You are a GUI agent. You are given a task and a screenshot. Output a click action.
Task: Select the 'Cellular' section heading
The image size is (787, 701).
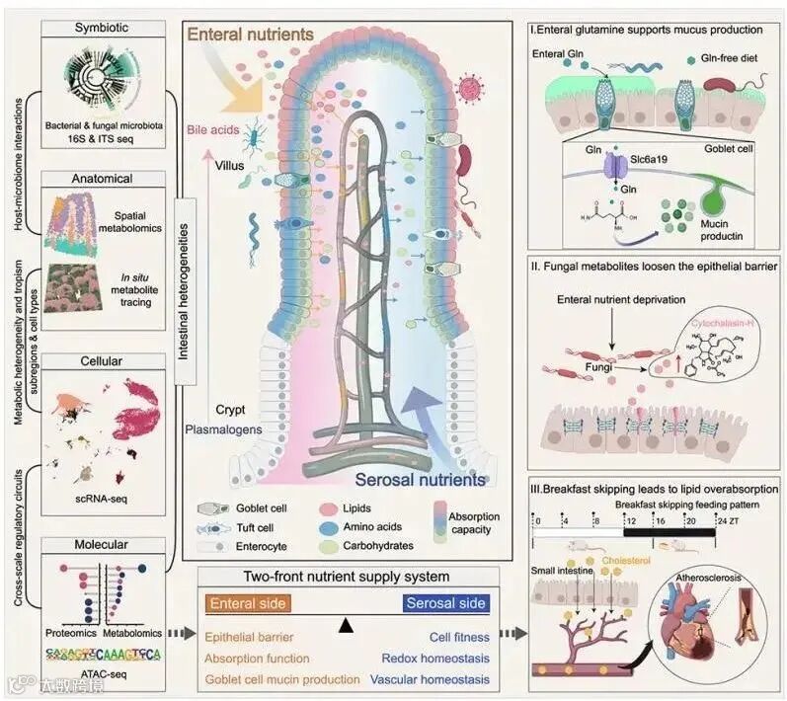(104, 361)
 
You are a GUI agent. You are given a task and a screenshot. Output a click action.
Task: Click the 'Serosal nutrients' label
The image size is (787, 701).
(424, 480)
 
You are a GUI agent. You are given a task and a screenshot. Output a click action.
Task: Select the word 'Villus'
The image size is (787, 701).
(232, 166)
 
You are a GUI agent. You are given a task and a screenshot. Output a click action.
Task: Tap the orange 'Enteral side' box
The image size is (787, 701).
(250, 602)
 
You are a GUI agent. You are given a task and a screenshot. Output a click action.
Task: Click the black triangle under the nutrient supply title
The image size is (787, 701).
(345, 625)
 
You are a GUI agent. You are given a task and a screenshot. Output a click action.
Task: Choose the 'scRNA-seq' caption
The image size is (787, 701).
(104, 500)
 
